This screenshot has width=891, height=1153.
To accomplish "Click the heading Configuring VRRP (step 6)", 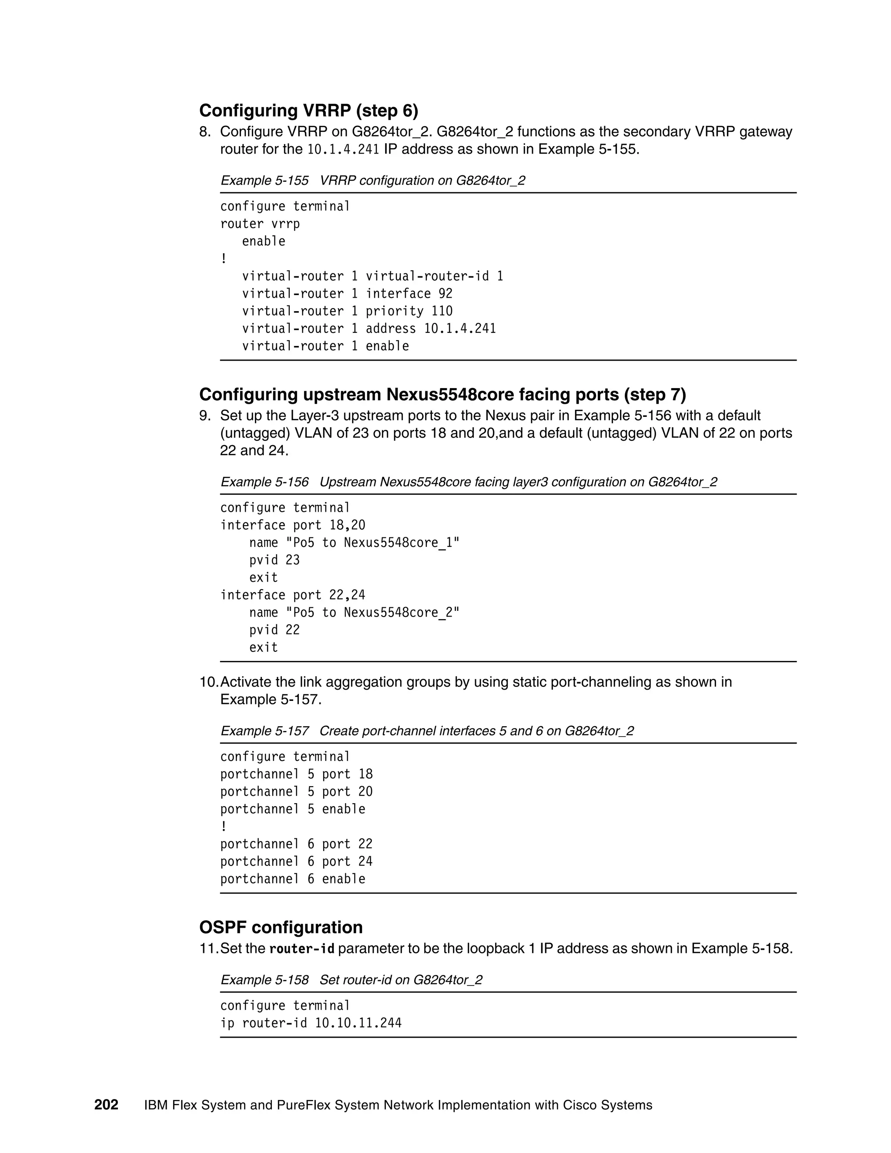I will click(x=308, y=111).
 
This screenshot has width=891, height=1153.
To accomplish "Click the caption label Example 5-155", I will click(x=265, y=181).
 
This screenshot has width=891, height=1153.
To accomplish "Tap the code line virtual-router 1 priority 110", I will click(x=347, y=311).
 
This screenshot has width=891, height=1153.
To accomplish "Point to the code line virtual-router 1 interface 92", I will click(x=347, y=294).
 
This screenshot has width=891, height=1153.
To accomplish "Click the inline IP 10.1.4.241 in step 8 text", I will click(x=343, y=149).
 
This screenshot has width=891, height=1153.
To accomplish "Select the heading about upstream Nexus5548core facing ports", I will click(x=442, y=394).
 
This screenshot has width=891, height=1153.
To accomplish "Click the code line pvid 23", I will click(x=274, y=560).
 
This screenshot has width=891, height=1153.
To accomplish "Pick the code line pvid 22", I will click(x=274, y=630).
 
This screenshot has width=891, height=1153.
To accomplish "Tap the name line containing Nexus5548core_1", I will click(x=354, y=543).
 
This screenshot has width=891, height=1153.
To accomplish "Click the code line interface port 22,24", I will click(x=292, y=595).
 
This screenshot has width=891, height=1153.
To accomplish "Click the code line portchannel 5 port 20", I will click(x=296, y=791).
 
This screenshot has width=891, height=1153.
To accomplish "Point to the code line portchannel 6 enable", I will click(x=292, y=878).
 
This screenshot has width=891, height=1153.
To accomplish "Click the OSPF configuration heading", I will click(x=281, y=927).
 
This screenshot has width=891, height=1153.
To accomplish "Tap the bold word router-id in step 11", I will click(x=302, y=949).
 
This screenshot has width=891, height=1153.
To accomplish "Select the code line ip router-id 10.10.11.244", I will click(x=311, y=1023).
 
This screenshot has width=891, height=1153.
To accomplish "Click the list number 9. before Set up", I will click(x=205, y=416).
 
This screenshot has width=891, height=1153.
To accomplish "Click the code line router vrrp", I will click(x=260, y=224).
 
